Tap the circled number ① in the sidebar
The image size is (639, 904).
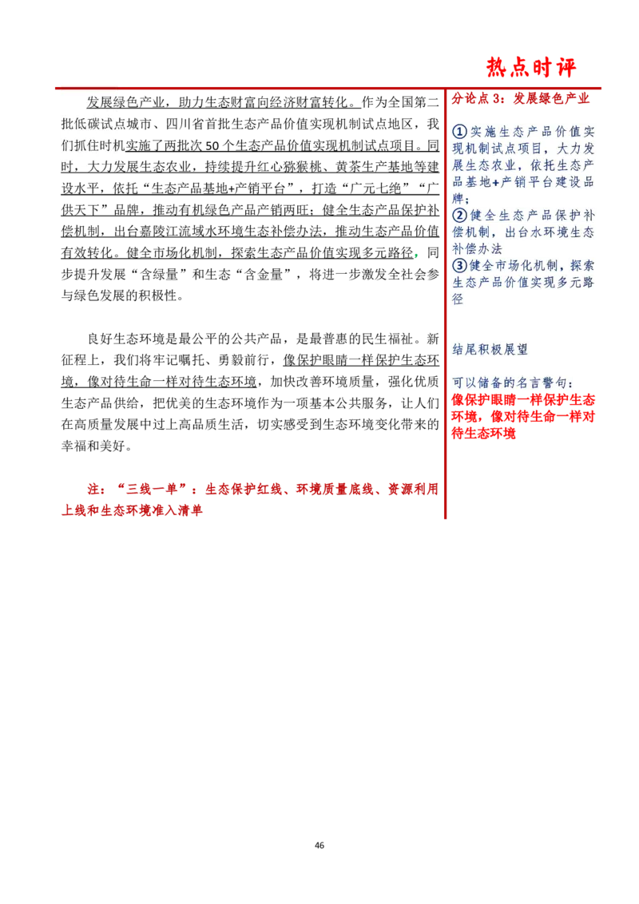click(x=459, y=132)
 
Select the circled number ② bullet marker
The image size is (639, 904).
click(x=459, y=216)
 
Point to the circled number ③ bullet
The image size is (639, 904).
click(x=459, y=266)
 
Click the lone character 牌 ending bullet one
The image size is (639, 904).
click(x=458, y=199)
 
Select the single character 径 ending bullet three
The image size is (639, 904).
click(x=458, y=299)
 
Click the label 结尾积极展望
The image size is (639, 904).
click(x=490, y=349)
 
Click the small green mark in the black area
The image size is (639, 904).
click(x=418, y=256)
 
